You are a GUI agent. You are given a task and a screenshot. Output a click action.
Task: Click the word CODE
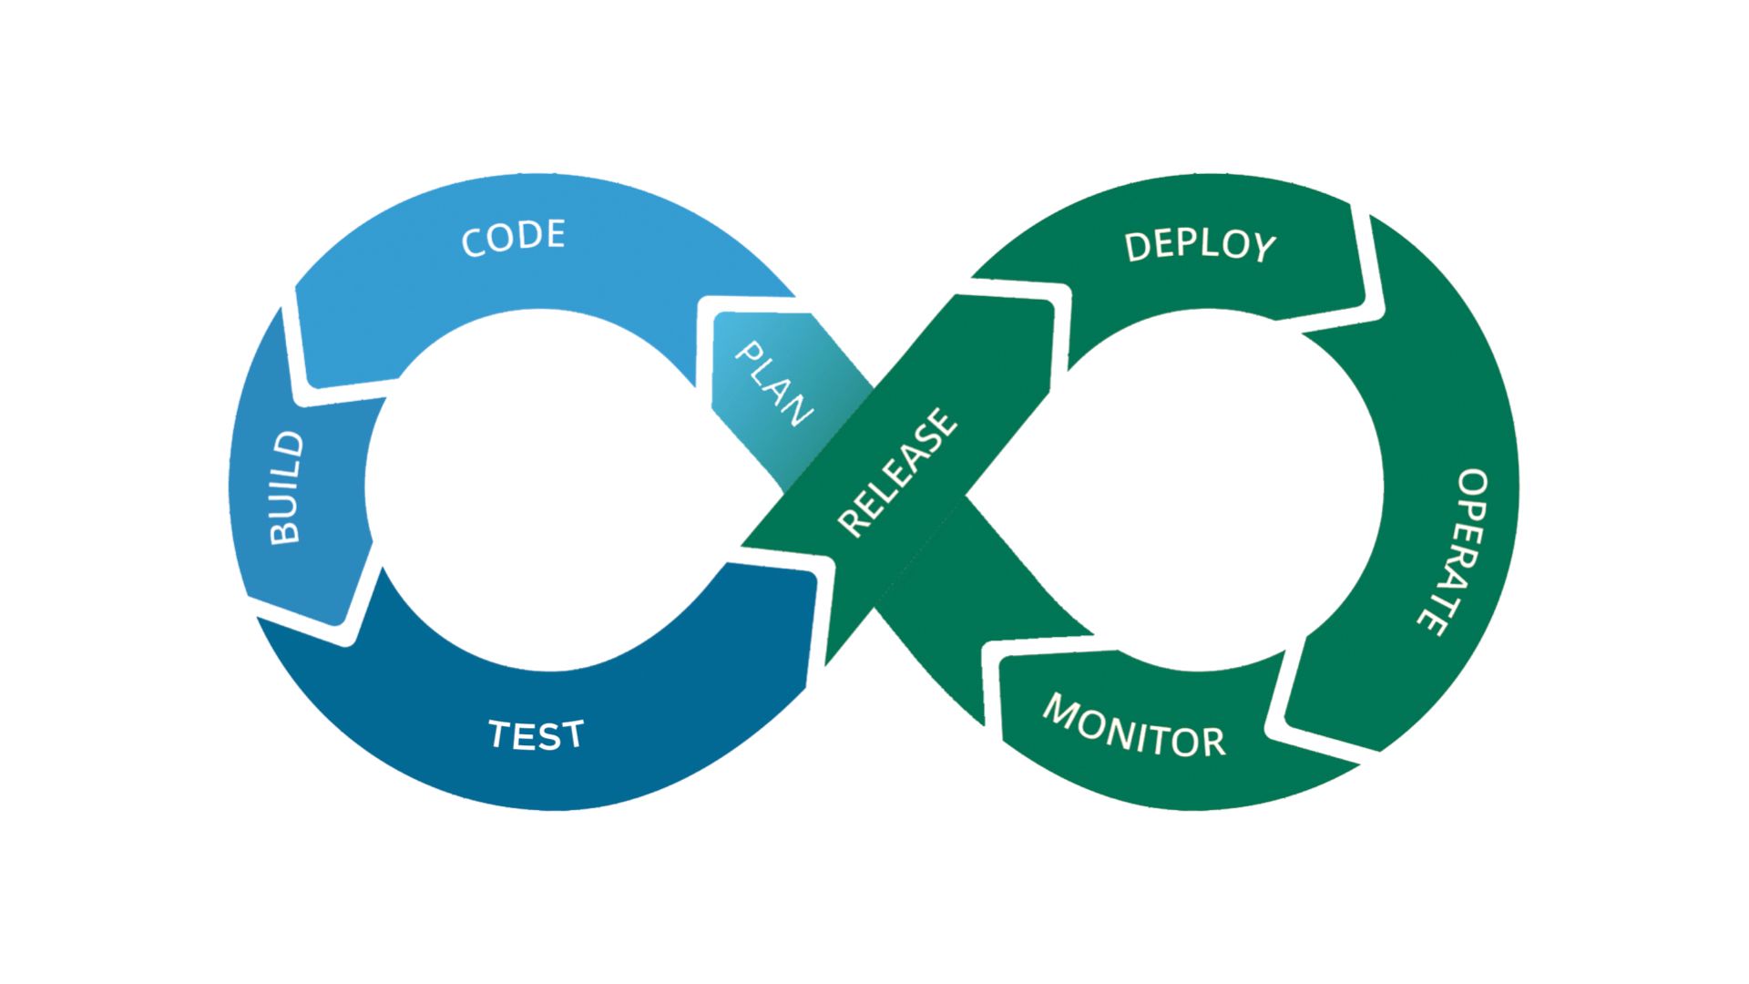(x=514, y=238)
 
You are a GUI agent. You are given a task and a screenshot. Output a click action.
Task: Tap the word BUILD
(x=287, y=488)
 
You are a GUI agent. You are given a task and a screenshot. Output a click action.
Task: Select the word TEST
(x=536, y=734)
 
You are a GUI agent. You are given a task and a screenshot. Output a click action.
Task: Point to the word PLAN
(x=773, y=384)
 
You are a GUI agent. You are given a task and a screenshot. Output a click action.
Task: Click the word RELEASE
(x=898, y=472)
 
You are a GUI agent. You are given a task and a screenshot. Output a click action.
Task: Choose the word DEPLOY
(x=1201, y=246)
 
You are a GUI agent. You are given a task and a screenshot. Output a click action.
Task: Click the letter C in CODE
(x=474, y=242)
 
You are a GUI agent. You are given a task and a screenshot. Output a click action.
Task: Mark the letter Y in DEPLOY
(x=1263, y=248)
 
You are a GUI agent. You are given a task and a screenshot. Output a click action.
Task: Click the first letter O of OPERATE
(x=1473, y=484)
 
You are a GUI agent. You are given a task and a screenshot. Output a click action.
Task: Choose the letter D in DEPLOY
(x=1138, y=246)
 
